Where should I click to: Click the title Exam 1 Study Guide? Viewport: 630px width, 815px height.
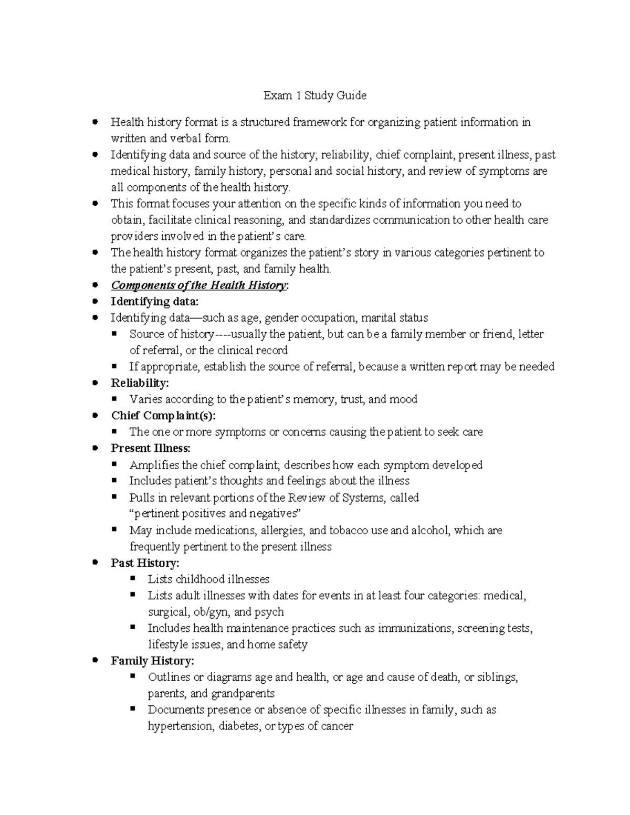point(314,96)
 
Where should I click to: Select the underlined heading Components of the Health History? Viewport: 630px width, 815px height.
point(199,285)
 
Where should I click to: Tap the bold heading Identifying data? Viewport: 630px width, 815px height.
point(155,302)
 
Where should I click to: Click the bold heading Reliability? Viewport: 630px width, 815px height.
point(140,383)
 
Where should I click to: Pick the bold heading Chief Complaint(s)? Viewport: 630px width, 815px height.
point(163,416)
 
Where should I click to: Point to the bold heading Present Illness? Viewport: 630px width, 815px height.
point(151,449)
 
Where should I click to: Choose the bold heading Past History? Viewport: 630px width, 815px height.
point(145,563)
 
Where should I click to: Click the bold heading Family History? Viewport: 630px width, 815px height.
point(152,661)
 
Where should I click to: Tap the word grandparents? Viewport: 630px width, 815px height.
point(243,694)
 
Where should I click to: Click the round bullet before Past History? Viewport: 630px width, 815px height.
point(95,563)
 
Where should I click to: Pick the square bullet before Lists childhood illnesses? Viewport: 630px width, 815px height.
point(133,578)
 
